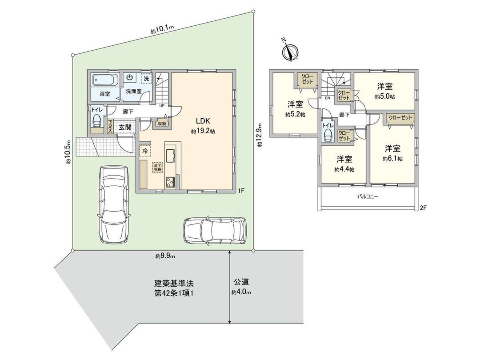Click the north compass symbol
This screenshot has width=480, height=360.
289,52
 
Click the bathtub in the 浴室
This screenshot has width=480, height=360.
105,81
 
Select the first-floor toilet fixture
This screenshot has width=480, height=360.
96,121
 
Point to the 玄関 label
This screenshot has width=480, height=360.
125,127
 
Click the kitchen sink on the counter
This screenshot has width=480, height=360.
171,156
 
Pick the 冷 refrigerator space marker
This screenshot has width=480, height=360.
145,151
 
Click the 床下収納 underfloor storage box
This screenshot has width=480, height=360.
157,168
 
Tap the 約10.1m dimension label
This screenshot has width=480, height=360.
162,29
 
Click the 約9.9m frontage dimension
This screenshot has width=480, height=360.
165,256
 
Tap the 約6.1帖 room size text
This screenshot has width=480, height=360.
392,159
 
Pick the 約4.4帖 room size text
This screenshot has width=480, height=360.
344,169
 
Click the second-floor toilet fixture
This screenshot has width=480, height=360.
328,133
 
